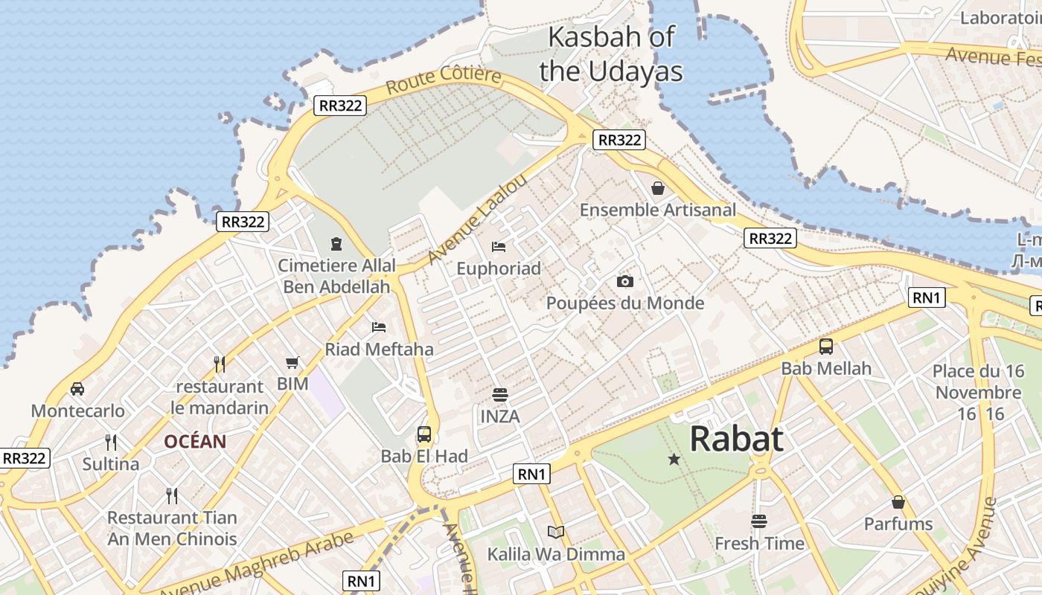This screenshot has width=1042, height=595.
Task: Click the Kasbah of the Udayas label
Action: [611, 54]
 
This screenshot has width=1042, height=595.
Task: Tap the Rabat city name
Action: [736, 439]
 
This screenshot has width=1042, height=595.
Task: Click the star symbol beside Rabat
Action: [674, 460]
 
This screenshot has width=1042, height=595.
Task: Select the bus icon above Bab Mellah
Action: [826, 347]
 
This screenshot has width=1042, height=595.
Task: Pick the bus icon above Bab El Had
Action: [424, 434]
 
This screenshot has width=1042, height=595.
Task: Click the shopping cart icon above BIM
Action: [293, 363]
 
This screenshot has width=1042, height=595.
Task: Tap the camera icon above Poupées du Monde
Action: [625, 281]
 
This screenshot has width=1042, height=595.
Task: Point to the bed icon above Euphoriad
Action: [499, 246]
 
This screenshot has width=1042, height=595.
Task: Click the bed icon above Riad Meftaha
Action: [379, 327]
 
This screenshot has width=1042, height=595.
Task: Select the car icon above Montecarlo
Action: [77, 389]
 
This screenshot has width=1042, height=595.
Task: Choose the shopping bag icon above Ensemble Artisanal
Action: [657, 188]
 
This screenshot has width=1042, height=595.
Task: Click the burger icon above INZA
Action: [499, 395]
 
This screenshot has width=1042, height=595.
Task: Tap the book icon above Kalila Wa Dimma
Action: [556, 532]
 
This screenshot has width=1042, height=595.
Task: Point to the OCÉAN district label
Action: [195, 441]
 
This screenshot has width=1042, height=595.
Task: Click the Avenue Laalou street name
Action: [478, 219]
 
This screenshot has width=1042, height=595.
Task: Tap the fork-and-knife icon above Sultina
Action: [111, 443]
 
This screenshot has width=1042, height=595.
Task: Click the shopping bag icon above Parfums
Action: [898, 502]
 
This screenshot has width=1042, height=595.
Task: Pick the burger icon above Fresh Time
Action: [759, 521]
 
